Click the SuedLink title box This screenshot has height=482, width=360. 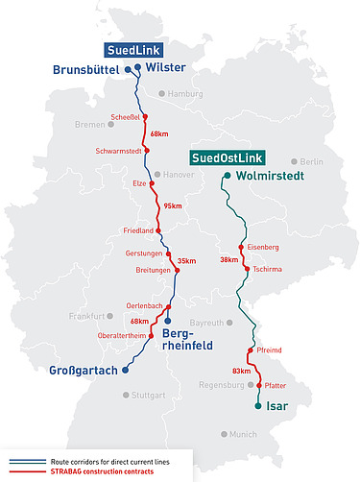pyautogui.click(x=132, y=49)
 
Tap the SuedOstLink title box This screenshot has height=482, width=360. pyautogui.click(x=227, y=157)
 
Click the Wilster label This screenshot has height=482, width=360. pyautogui.click(x=164, y=68)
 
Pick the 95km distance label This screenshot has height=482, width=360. pyautogui.click(x=173, y=205)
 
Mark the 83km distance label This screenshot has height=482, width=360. pyautogui.click(x=242, y=371)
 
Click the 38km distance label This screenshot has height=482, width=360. pyautogui.click(x=228, y=259)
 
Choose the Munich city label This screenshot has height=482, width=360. pyautogui.click(x=244, y=434)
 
